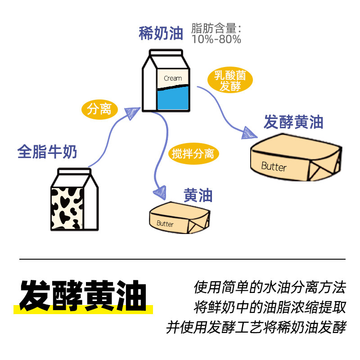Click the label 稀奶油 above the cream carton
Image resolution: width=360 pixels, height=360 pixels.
point(161,34)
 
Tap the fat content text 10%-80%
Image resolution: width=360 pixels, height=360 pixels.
point(216,40)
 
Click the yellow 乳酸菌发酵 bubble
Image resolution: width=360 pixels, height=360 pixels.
point(230,81)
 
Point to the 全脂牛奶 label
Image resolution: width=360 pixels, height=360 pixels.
point(47,152)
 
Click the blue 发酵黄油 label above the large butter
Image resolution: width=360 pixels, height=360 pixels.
point(293,122)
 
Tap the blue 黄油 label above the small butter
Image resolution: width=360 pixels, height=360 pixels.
point(198,195)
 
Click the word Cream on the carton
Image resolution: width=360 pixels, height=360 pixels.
point(173,78)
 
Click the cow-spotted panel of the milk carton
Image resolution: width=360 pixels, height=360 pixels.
point(67,207)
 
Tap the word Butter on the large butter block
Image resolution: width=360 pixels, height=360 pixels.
point(274,166)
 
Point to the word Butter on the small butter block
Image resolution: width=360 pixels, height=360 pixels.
point(165,223)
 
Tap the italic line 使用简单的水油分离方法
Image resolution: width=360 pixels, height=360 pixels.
point(270,287)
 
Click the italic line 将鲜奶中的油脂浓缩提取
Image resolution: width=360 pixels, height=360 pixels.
point(270,307)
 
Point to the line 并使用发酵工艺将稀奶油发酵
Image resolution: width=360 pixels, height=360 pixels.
point(256,327)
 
